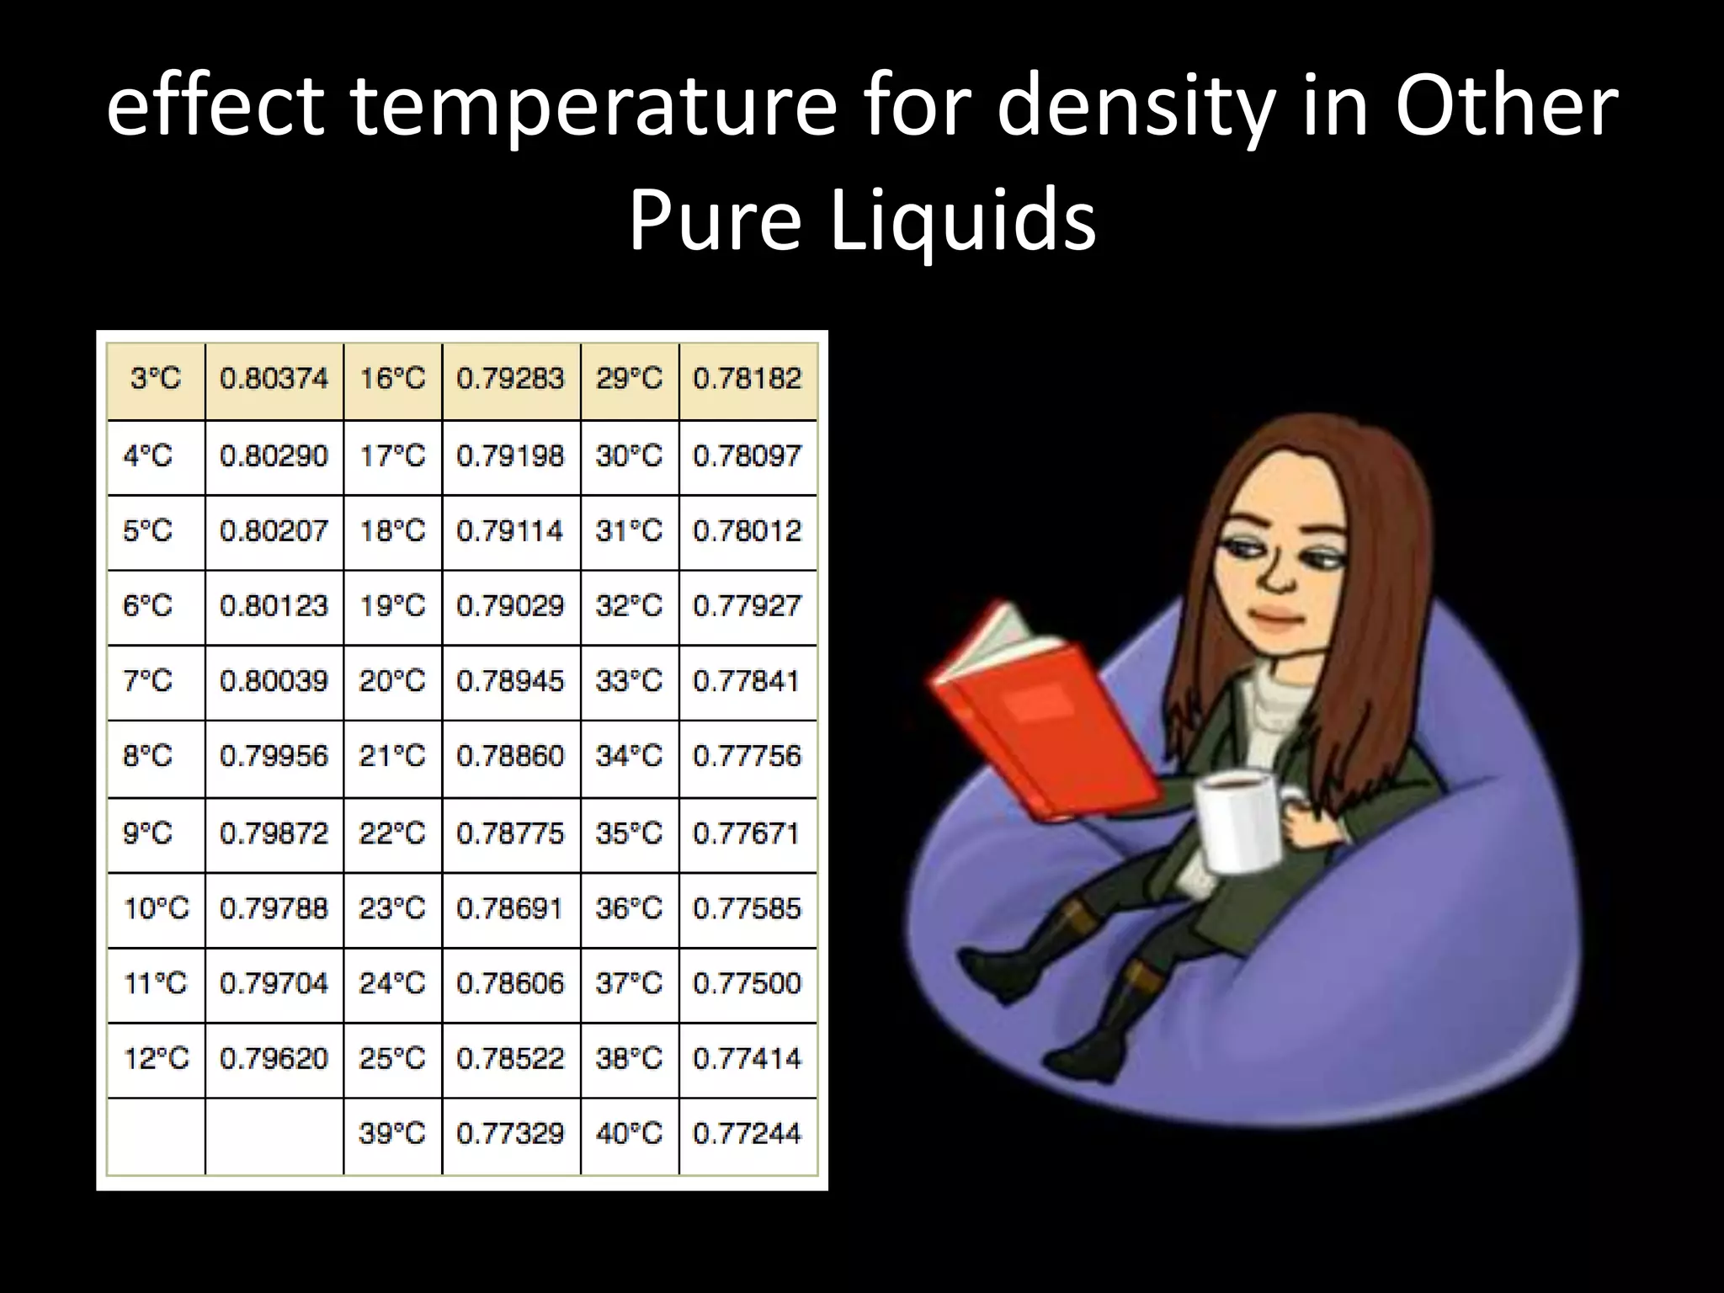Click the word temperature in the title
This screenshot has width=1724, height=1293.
[593, 107]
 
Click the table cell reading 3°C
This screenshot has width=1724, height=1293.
[156, 379]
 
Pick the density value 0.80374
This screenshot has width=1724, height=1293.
[274, 379]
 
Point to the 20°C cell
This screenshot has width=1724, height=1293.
[392, 681]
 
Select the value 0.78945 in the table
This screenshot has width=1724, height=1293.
[510, 681]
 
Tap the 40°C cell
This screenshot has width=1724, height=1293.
[629, 1134]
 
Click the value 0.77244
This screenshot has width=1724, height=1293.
[747, 1134]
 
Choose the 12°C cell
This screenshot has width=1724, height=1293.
[156, 1058]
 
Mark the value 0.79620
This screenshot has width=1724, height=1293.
[274, 1058]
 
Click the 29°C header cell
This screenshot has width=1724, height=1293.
[629, 379]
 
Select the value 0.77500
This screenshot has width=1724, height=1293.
[747, 983]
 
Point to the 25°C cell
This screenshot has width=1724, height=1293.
[392, 1058]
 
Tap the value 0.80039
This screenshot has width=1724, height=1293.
[274, 681]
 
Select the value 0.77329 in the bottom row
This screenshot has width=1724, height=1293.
[510, 1134]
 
